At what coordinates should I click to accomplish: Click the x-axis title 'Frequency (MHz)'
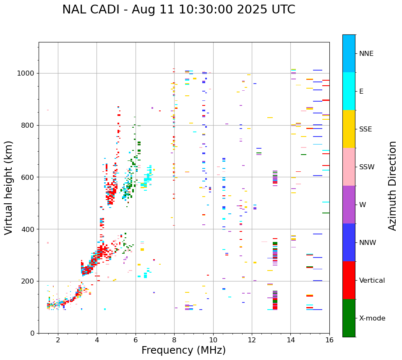click(183, 350)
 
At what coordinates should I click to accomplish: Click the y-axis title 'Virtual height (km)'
click(9, 187)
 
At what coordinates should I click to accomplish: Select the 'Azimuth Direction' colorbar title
click(392, 185)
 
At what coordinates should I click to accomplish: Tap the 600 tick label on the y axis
click(28, 177)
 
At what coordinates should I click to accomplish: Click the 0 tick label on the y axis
click(32, 333)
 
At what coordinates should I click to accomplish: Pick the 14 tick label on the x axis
click(290, 340)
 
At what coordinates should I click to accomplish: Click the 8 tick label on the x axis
click(174, 340)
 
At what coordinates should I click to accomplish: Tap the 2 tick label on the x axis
click(58, 340)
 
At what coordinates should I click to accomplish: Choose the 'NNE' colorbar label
click(366, 54)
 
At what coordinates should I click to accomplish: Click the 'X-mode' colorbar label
click(372, 318)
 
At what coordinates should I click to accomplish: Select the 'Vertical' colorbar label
click(372, 281)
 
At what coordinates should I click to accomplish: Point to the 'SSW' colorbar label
click(367, 167)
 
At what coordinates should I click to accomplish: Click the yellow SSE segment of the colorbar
click(349, 129)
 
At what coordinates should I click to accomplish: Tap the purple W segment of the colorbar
click(349, 205)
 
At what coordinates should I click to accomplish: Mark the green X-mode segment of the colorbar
click(349, 318)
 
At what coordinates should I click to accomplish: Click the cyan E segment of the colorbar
click(349, 91)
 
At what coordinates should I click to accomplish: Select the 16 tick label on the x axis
click(329, 340)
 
